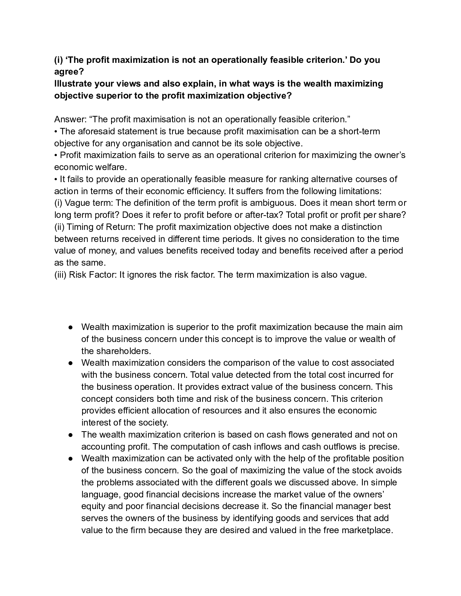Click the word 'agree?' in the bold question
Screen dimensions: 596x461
pos(69,71)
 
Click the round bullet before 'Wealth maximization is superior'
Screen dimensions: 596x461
pos(70,327)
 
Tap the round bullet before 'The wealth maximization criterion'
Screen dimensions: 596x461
pos(70,435)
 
